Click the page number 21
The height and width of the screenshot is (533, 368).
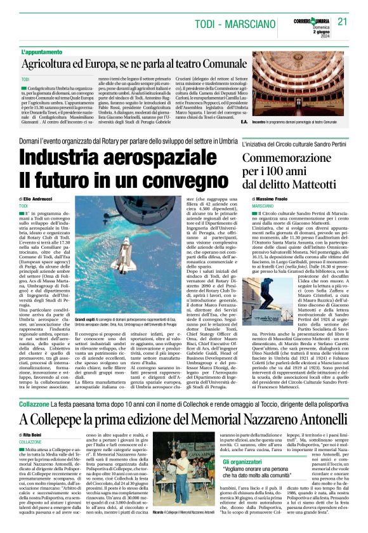tap(343, 22)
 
